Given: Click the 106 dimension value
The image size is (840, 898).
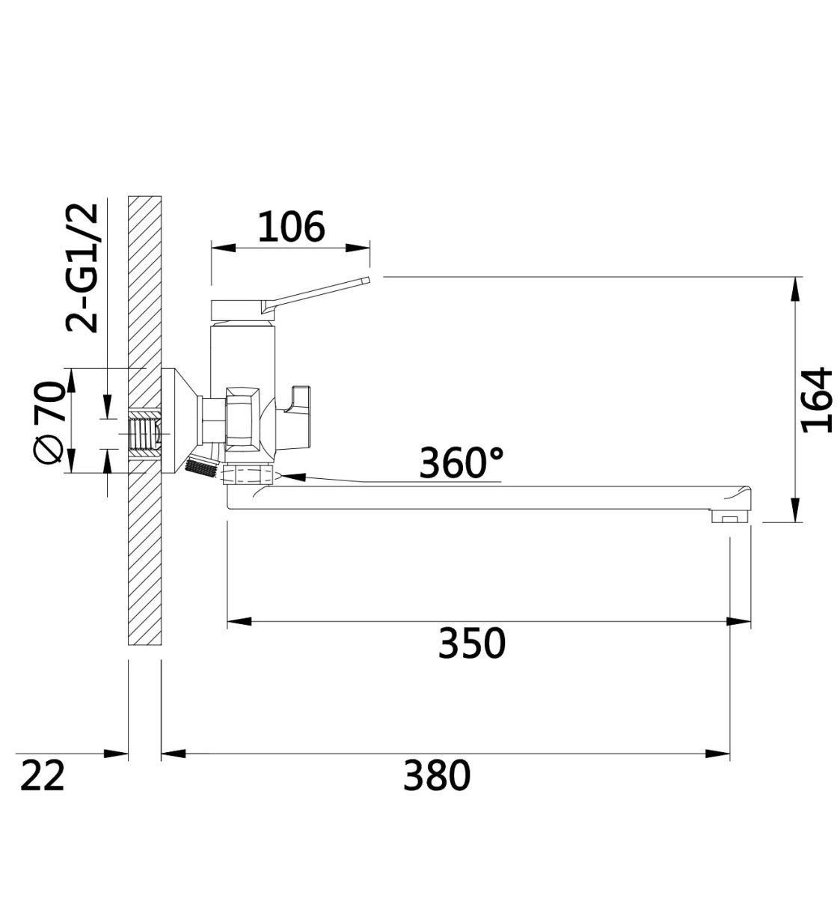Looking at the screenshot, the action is point(291,226).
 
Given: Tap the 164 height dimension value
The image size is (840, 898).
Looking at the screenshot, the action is point(816,400).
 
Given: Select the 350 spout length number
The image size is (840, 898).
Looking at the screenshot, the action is point(471,644).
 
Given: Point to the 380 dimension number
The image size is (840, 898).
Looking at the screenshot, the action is point(436,775).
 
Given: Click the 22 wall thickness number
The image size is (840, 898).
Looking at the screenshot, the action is point(43,775).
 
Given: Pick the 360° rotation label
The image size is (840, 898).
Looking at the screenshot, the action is point(461,462).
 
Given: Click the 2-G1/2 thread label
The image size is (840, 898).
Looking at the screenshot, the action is point(82,268).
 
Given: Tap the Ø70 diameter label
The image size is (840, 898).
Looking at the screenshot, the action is point(49,422).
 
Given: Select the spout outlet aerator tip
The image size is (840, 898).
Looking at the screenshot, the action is point(730,516).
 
